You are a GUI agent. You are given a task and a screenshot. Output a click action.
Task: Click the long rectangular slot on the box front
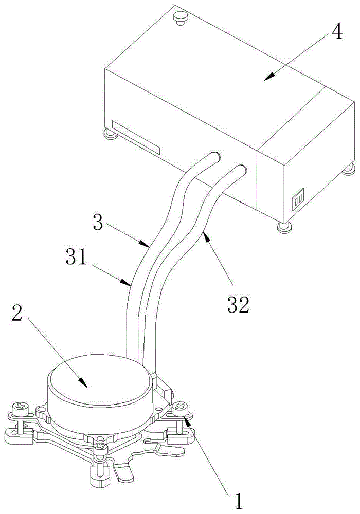click(136, 137)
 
